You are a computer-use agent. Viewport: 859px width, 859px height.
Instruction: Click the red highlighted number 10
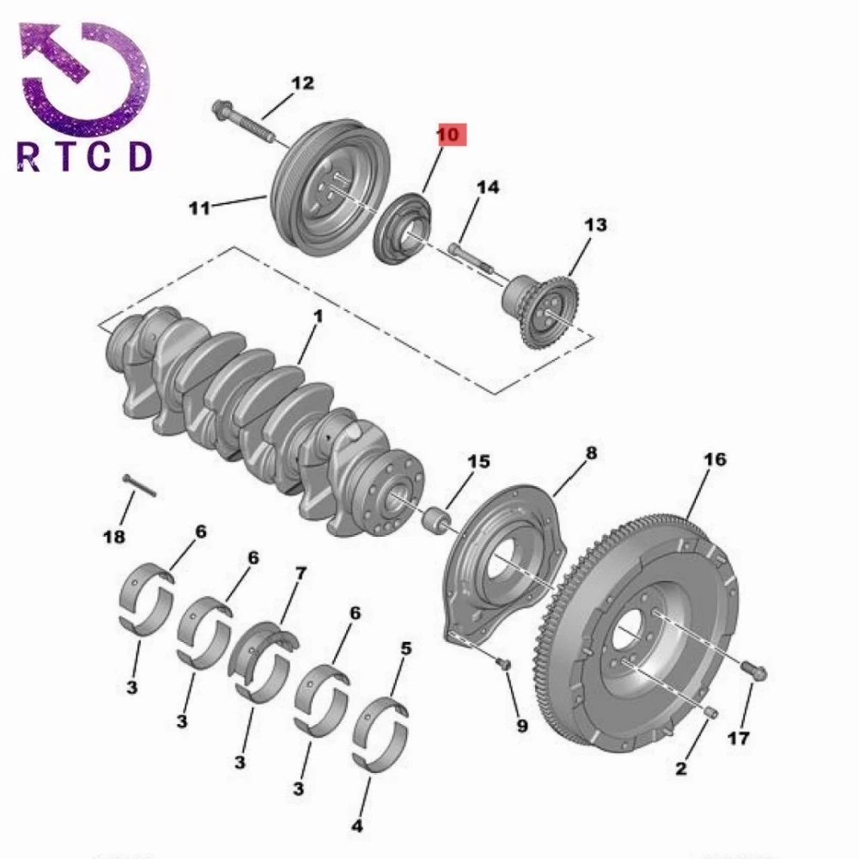click(452, 135)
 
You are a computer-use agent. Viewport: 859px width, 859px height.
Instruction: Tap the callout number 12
click(302, 82)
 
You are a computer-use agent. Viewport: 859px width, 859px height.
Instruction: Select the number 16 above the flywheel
click(715, 459)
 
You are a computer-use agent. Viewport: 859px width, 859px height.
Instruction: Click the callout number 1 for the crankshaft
click(318, 317)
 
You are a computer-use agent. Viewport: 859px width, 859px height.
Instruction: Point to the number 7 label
click(301, 573)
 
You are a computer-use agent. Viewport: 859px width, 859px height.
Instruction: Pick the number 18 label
click(113, 536)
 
